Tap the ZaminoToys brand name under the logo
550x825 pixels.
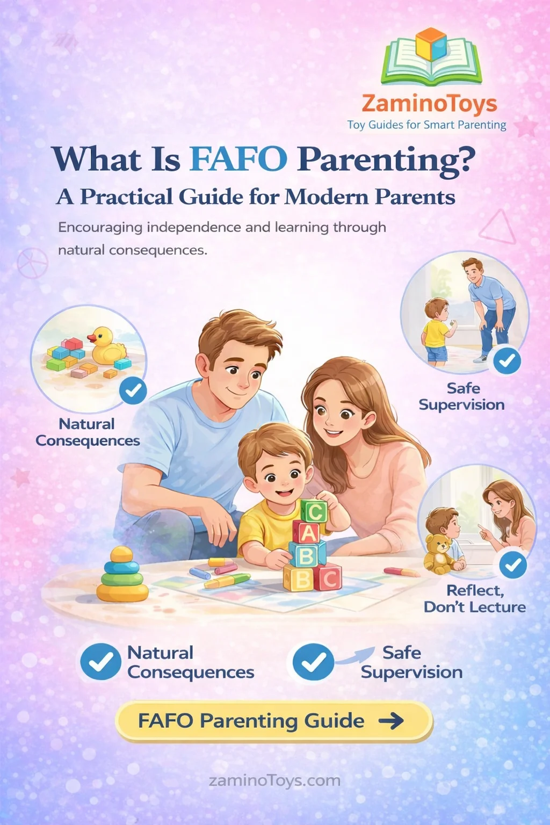tap(429, 104)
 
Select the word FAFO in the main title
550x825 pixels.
tap(238, 159)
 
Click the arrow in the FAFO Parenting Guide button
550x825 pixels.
tap(391, 721)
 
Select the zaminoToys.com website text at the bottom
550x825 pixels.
tap(274, 780)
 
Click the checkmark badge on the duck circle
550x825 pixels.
tap(133, 390)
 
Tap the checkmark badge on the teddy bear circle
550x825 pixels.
tap(513, 565)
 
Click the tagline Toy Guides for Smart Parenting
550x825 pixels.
tap(426, 125)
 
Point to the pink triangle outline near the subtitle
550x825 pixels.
tap(498, 227)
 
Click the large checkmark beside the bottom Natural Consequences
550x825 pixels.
tap(100, 662)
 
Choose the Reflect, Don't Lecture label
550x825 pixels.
tap(475, 599)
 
